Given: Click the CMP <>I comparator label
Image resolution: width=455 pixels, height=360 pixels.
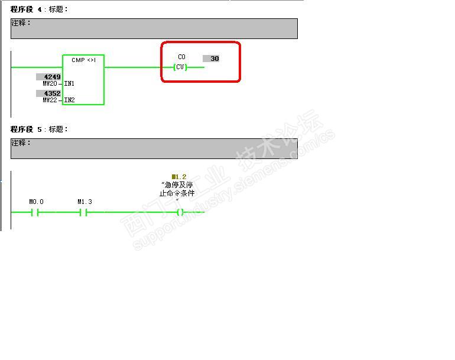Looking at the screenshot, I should pos(83,60).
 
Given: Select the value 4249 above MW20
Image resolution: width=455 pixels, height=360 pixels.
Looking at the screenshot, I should pos(48,77).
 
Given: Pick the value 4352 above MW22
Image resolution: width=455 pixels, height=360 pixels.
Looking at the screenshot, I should pos(48,93).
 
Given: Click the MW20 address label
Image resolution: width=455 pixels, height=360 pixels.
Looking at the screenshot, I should pos(50,84).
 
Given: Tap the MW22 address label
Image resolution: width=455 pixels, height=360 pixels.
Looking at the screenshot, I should pos(50,100).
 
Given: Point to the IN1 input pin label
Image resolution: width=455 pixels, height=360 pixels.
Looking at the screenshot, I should pos(69,84).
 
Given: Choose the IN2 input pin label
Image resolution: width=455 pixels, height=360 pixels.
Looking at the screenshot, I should pos(69,100).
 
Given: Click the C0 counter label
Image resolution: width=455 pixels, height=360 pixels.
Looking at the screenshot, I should pos(181,57).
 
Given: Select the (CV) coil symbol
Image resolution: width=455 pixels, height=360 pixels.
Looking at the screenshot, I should pos(181,67).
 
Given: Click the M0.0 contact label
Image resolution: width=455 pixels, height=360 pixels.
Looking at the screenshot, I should pos(37,202).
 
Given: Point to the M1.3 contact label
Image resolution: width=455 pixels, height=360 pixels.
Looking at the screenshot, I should pos(85,202).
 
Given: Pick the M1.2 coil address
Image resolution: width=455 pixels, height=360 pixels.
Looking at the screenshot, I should pos(178,177).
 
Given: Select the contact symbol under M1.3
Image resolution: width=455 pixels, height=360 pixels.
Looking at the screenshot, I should pos(84,212).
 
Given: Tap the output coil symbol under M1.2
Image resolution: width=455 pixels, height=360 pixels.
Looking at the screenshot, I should pos(180,212).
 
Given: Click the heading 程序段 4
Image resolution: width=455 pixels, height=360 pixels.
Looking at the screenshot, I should pos(26,9).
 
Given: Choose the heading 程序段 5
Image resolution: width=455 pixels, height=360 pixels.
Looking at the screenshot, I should pos(26,129).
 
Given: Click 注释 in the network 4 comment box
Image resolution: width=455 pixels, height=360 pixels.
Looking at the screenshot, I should pos(21,23).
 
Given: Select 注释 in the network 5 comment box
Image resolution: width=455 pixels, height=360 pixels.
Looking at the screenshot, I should pos(21,143).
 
